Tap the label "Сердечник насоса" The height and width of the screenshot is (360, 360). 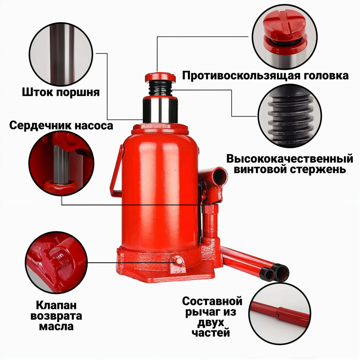61,126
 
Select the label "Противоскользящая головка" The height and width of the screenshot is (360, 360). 265,76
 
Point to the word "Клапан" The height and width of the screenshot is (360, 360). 56,306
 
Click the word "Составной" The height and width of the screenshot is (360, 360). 212,301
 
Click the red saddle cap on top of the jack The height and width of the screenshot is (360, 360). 159,77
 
